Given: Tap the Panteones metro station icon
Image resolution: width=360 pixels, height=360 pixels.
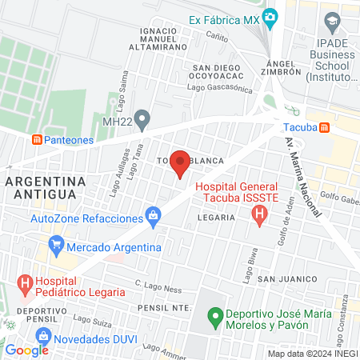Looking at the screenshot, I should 37,139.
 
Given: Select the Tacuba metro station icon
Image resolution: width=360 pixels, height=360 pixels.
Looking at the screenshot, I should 325,127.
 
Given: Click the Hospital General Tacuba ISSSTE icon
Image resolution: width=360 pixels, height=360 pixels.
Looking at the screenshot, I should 258,214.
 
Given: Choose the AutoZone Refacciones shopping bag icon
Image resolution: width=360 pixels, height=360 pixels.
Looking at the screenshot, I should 153,216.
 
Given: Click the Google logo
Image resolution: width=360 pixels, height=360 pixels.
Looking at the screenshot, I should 26,350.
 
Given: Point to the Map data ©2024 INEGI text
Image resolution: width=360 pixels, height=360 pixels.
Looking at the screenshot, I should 312,354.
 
